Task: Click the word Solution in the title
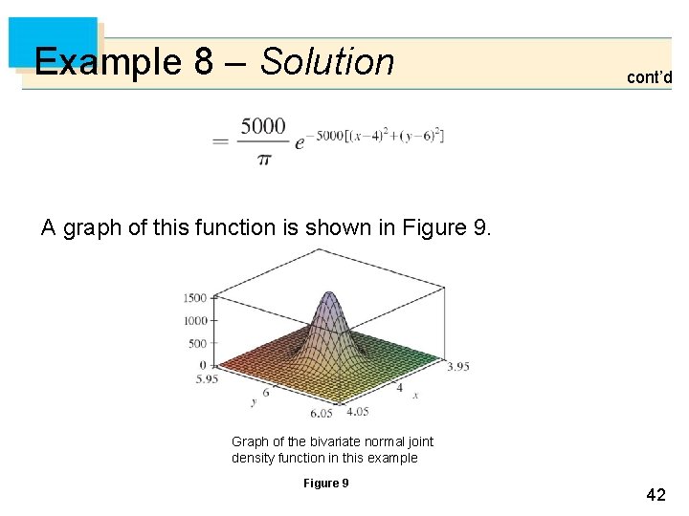coord(327,62)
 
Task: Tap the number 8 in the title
coord(203,62)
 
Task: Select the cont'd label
coord(649,77)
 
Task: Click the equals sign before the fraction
coord(220,141)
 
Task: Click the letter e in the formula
coord(300,143)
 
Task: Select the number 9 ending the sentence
coord(481,228)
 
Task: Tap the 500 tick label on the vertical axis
coord(196,343)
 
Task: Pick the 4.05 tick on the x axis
coord(357,412)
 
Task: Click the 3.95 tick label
coord(457,366)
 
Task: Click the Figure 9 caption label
coord(325,484)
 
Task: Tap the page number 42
coord(656,495)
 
